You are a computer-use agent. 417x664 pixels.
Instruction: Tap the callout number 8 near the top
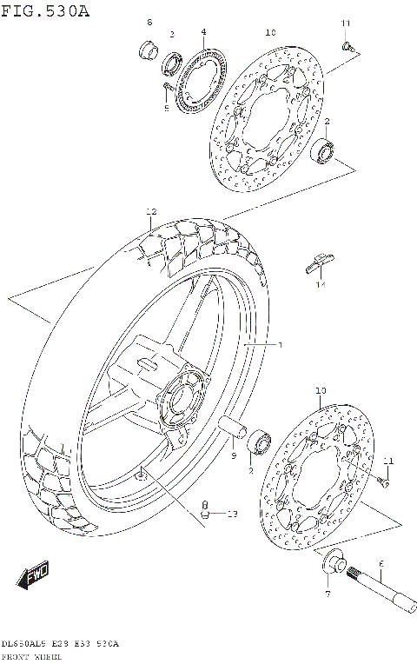click(149, 22)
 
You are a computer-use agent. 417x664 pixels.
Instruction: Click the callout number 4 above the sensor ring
click(203, 32)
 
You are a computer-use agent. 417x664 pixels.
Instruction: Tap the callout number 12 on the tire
click(151, 212)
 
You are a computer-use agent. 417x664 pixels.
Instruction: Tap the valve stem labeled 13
click(205, 510)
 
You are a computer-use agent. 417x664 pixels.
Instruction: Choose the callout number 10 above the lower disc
click(321, 392)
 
